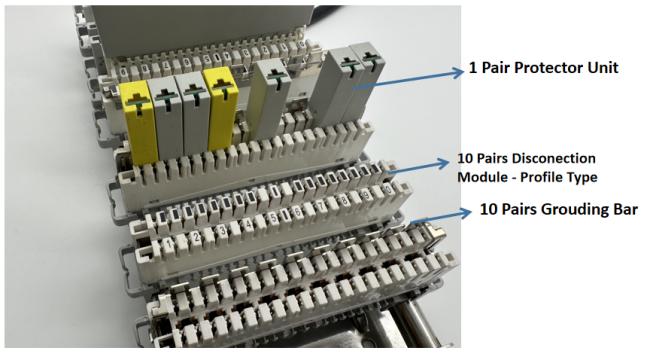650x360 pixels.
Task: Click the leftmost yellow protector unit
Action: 138,122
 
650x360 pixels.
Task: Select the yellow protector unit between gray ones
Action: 222,108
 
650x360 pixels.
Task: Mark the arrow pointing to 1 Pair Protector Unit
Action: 407,80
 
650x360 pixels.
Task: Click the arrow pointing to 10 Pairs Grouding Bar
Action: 441,217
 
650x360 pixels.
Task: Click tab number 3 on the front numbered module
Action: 222,231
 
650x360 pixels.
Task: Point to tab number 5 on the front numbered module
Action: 272,219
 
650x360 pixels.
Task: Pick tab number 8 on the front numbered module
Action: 345,201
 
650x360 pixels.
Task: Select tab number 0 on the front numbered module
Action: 388,190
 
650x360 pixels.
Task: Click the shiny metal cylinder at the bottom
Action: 410,328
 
